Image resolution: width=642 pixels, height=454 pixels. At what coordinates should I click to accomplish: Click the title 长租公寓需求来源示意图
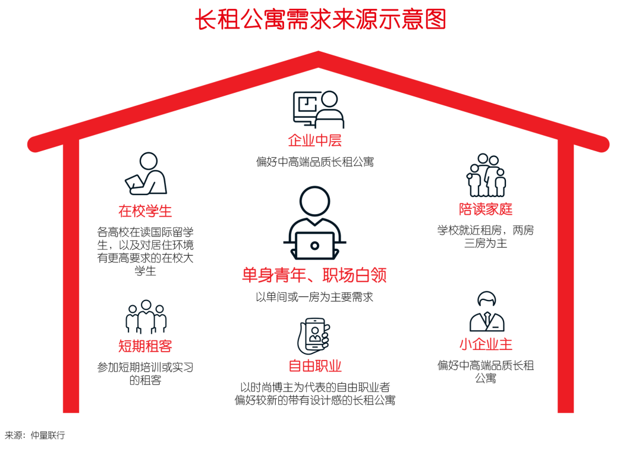[320, 20]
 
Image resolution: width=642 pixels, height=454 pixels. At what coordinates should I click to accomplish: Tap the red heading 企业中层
[314, 140]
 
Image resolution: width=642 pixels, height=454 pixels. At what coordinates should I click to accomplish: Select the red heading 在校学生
[145, 211]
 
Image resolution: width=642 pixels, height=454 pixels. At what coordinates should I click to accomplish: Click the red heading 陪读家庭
[486, 209]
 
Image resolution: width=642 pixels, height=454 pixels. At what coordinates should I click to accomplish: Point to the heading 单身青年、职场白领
[314, 275]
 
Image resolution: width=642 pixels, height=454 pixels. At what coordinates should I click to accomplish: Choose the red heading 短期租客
[145, 346]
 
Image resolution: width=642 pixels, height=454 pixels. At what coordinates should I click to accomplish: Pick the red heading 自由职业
[315, 365]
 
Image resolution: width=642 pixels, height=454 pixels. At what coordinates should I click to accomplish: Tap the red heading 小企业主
[486, 344]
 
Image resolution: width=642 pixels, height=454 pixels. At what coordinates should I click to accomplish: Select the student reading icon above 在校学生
[146, 174]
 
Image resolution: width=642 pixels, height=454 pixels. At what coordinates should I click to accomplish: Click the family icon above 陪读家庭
[486, 176]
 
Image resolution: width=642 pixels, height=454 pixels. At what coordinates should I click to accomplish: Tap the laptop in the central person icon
[314, 243]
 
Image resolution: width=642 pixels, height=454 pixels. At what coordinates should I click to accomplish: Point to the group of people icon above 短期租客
[146, 317]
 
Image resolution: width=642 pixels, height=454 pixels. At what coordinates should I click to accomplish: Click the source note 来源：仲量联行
[35, 435]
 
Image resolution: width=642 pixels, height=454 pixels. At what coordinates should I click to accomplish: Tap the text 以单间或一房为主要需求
[314, 296]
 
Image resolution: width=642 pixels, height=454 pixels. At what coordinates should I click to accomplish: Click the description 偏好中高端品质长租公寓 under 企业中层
[314, 161]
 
